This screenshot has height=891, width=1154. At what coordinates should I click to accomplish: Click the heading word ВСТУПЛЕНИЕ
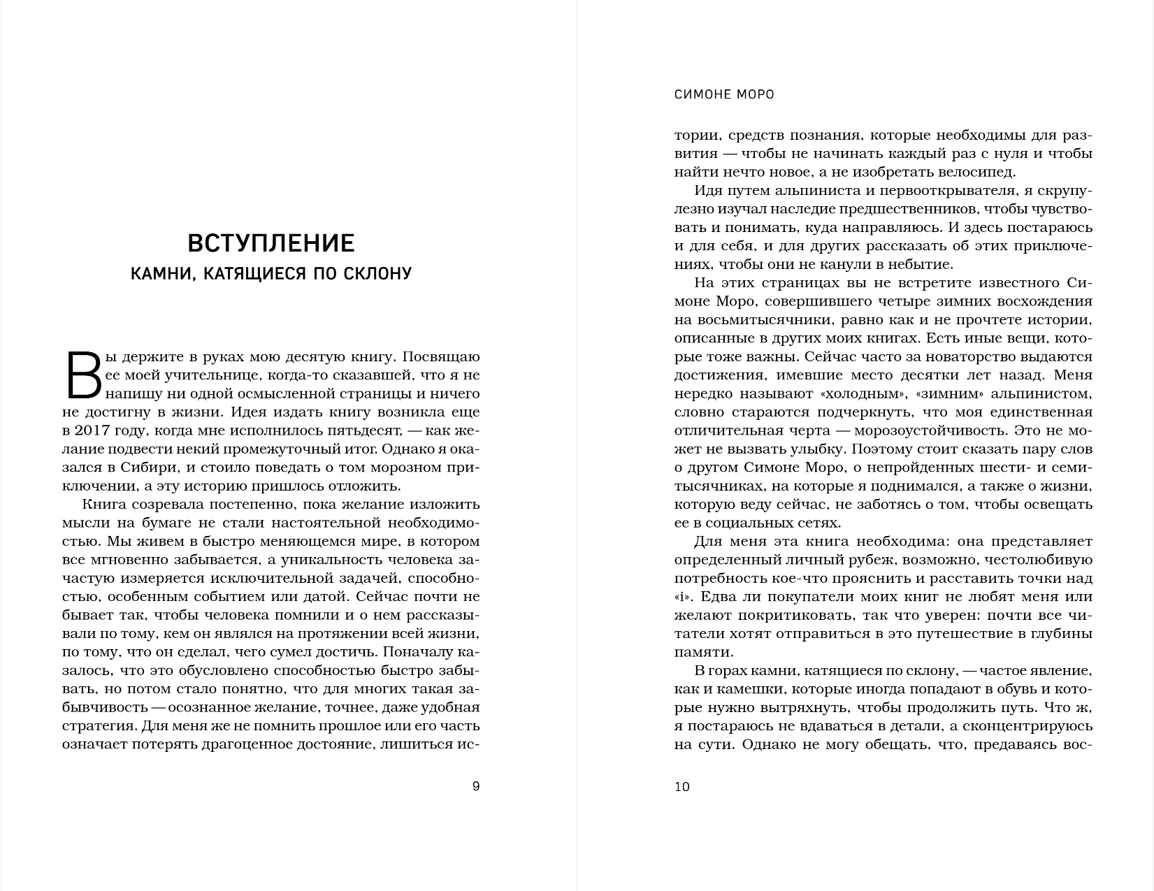[x=271, y=243]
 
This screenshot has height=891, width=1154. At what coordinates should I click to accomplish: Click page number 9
[x=476, y=786]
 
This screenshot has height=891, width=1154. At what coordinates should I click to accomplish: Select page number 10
[x=682, y=786]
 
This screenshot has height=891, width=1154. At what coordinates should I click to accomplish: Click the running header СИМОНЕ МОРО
[x=724, y=94]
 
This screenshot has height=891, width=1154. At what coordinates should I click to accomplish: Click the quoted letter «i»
[x=683, y=597]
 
